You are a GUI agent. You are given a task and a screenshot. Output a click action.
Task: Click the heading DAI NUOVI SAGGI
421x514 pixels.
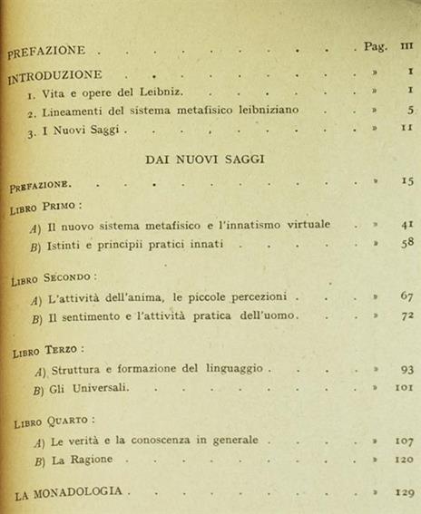coord(204,159)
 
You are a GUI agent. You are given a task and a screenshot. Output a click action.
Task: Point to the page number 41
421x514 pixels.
coord(406,223)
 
